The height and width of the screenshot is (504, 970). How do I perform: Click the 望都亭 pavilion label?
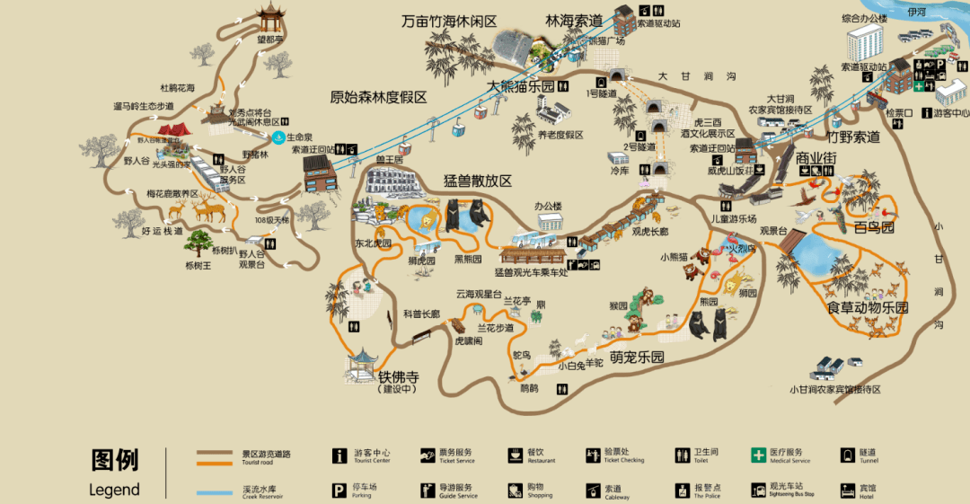tap(269, 40)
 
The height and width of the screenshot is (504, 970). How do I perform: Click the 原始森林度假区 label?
tap(378, 97)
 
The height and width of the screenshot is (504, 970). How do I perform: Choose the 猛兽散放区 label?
tap(478, 180)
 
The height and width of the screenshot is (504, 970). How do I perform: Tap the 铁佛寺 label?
tap(399, 376)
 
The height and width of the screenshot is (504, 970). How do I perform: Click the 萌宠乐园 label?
tap(637, 357)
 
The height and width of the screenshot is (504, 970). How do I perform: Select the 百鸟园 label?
tap(874, 227)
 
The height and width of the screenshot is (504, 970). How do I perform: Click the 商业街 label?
tap(816, 158)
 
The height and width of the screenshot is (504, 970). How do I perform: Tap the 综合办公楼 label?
tap(863, 18)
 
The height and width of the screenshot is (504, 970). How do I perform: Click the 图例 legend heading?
tap(115, 461)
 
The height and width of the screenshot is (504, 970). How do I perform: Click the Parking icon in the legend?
tap(339, 491)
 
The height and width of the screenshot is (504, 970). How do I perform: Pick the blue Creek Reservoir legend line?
tap(216, 491)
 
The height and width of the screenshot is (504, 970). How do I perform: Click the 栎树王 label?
tap(198, 265)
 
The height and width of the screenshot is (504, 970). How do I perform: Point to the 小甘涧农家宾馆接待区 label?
tap(835, 389)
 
